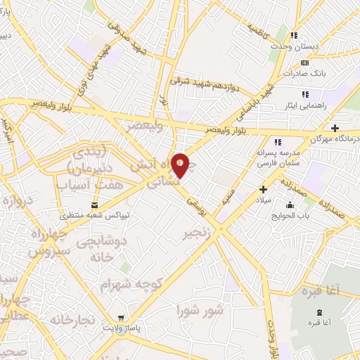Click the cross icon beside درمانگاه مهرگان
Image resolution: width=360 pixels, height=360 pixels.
(x=335, y=129)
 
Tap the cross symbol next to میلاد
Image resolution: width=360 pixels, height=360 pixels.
(x=264, y=188)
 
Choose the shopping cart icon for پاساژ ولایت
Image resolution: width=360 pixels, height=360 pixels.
(x=123, y=318)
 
